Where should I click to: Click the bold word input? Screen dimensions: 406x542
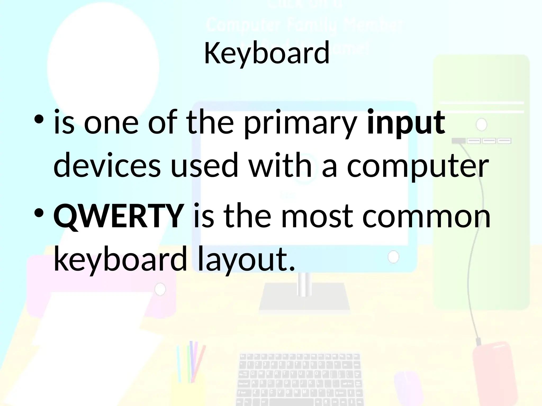point(406,123)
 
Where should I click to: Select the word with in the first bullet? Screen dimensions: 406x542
point(281,165)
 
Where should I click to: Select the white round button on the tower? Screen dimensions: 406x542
point(481,124)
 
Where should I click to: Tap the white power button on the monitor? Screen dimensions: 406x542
point(393,257)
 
